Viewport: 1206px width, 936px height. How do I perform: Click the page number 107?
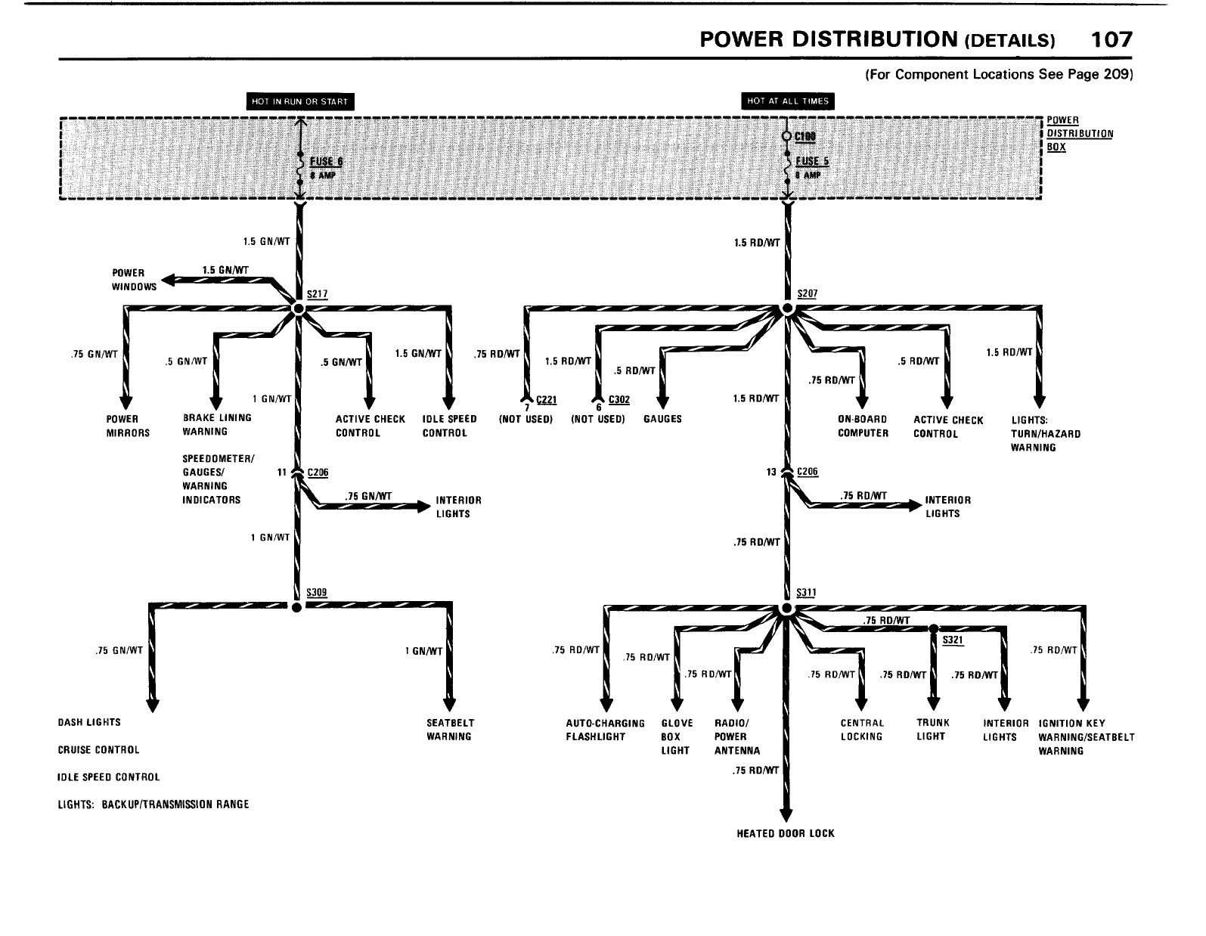coord(1111,39)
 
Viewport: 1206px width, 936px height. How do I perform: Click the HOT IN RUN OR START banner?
coord(301,102)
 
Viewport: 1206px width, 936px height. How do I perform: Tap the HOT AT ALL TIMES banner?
coord(788,101)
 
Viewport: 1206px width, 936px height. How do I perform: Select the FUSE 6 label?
coord(326,162)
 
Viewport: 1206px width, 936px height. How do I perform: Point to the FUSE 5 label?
coord(813,161)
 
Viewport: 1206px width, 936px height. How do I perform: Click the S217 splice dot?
coord(298,308)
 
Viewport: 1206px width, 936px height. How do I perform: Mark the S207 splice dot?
coord(787,308)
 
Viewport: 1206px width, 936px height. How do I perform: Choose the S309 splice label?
coord(316,593)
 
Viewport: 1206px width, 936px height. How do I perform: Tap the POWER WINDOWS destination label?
coord(134,280)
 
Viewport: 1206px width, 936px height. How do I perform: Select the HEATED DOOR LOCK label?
coord(786,833)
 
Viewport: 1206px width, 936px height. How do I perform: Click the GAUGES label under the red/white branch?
coord(662,419)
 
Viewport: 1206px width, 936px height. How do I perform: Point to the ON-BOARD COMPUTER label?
coord(862,426)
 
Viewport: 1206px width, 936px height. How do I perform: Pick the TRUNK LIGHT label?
coord(932,730)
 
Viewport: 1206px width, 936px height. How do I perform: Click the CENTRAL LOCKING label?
coord(862,730)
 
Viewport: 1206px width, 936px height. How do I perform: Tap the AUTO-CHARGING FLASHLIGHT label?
coord(605,730)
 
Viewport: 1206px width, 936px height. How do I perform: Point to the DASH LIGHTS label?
coord(89,722)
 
